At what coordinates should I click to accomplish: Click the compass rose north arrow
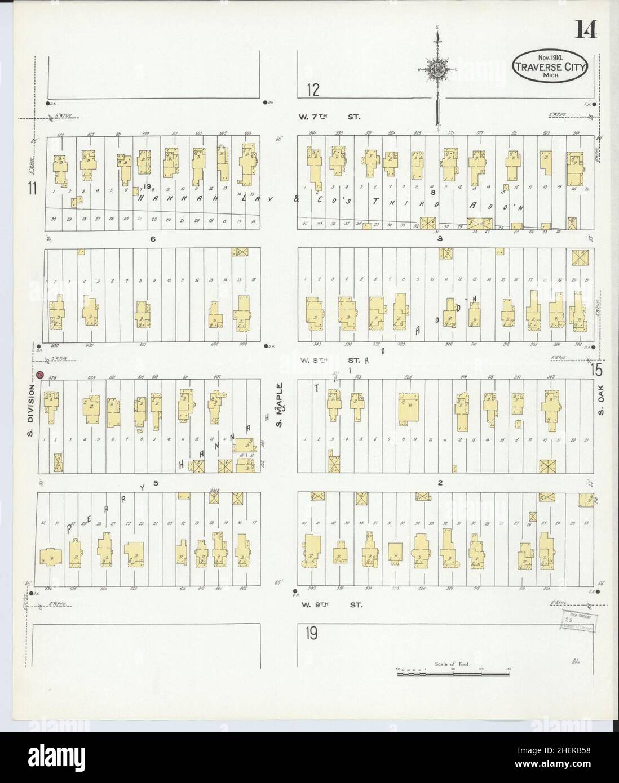pyautogui.click(x=436, y=70)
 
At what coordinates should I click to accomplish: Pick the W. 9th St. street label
pyautogui.click(x=329, y=605)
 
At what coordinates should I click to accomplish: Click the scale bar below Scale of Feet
pyautogui.click(x=453, y=673)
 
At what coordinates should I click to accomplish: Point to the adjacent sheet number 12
pyautogui.click(x=313, y=90)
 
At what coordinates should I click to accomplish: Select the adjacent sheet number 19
pyautogui.click(x=311, y=634)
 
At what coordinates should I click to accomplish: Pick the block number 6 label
pyautogui.click(x=152, y=239)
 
